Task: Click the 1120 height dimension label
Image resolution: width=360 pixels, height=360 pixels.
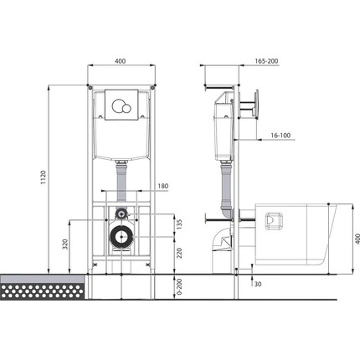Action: click(x=43, y=177)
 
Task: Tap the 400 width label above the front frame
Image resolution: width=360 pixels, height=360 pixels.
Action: click(x=121, y=61)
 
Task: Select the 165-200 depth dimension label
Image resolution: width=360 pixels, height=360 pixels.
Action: click(x=266, y=61)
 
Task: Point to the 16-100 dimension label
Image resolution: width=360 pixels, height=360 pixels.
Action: click(x=280, y=136)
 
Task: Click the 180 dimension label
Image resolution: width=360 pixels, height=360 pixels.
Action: click(x=163, y=186)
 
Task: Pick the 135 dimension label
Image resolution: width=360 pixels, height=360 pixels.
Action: click(x=179, y=224)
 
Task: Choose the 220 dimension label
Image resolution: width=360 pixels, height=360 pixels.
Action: click(x=179, y=253)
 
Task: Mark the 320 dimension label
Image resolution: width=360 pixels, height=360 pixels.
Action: click(x=65, y=244)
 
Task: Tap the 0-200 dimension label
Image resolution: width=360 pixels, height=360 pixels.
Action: click(x=179, y=286)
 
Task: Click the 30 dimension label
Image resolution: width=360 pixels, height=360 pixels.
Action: click(x=258, y=284)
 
